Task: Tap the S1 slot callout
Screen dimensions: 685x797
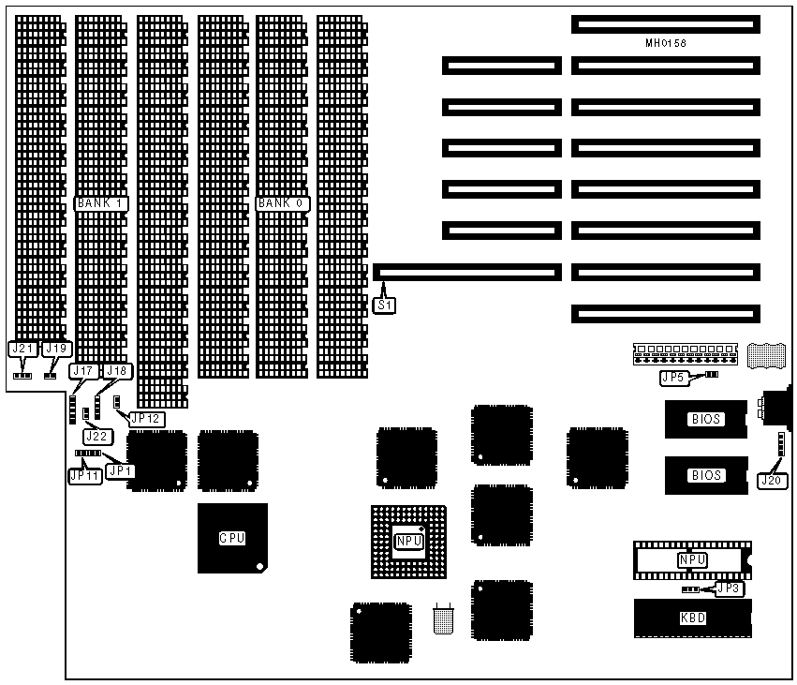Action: pos(384,305)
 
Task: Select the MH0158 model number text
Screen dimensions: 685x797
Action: pos(665,43)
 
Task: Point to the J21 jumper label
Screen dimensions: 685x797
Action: pos(22,349)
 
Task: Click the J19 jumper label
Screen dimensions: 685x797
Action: pos(57,349)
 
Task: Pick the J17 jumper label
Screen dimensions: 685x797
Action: pos(84,371)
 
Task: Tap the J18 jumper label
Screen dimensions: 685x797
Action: pos(117,371)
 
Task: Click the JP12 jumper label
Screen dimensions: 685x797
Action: pos(145,419)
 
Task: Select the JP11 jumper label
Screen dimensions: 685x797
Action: pos(84,475)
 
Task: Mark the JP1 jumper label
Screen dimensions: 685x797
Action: pos(120,470)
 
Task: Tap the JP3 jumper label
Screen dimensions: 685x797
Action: pos(728,588)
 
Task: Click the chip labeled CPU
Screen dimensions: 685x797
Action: pos(231,538)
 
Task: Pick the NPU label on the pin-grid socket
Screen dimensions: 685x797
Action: pos(408,541)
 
